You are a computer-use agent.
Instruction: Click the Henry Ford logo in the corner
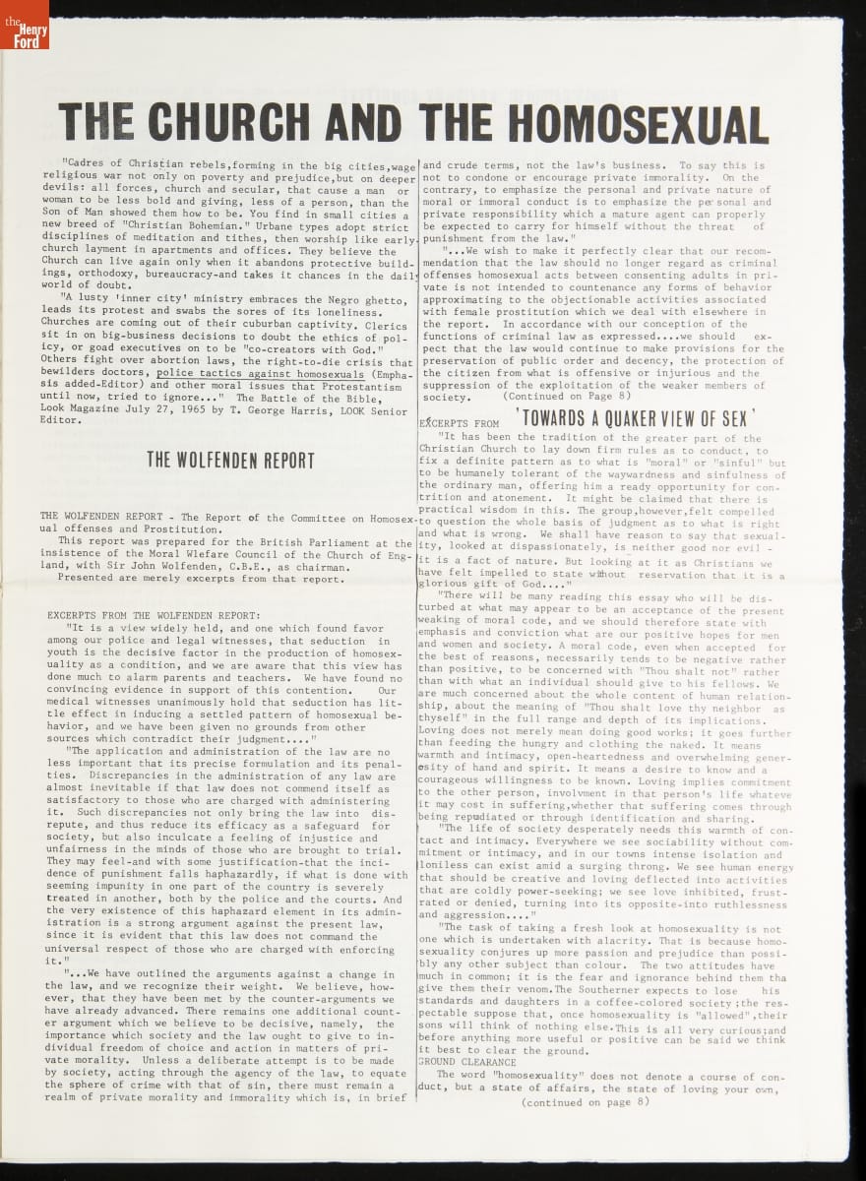24,24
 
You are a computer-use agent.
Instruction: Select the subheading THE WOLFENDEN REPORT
230,460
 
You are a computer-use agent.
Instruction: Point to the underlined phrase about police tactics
260,374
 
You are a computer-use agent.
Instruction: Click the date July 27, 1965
159,410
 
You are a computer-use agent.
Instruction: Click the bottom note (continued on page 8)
586,1102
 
